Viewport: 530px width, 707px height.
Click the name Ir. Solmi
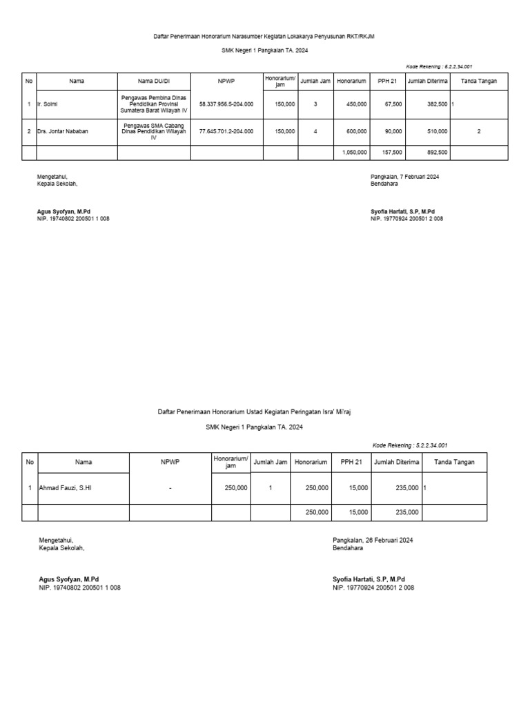coord(49,104)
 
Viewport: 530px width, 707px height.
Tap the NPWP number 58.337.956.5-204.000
coord(226,104)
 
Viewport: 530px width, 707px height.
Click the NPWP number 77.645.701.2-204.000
coord(226,131)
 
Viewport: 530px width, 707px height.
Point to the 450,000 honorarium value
coord(356,104)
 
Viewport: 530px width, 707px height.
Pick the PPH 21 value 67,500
coord(393,104)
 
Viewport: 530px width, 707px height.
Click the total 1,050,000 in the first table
coord(354,152)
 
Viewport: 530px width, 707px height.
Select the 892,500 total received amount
coord(437,152)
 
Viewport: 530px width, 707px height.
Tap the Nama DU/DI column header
coord(153,81)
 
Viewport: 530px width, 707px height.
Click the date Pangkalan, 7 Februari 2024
coord(404,177)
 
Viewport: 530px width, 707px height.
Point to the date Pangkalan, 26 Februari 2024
coord(373,540)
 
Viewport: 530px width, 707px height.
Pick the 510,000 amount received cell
coord(437,131)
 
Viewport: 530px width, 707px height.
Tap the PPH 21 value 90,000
coord(393,131)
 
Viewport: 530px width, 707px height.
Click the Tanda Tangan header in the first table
coord(478,81)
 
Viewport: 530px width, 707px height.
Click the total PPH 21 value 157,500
coord(391,152)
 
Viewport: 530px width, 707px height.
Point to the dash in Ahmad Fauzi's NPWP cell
coord(169,488)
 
